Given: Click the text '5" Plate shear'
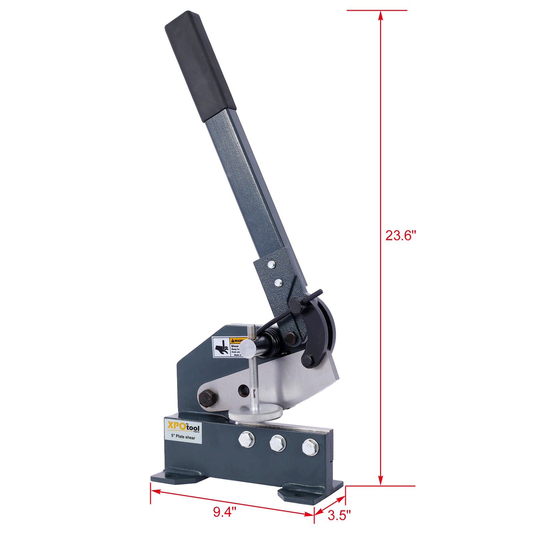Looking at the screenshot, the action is tap(183, 437).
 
